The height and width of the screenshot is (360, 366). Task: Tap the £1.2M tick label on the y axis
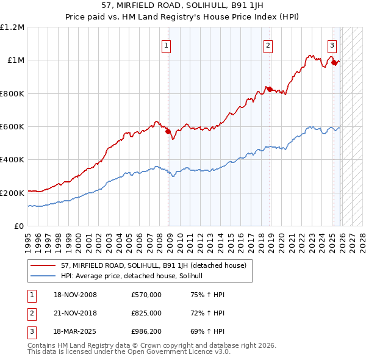pos(12,27)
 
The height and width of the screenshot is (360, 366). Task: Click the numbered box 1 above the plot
pos(166,45)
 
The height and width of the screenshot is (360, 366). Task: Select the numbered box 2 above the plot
pos(268,45)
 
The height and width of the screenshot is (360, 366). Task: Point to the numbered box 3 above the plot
pos(332,45)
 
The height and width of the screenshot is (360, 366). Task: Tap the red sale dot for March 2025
pos(334,62)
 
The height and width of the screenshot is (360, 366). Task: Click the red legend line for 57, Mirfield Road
pos(44,266)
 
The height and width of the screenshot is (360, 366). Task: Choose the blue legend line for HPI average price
pos(44,276)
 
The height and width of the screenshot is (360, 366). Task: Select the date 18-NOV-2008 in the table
pos(75,295)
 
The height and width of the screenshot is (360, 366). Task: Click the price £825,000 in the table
pos(146,313)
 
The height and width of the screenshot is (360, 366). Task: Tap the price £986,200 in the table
pos(146,331)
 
